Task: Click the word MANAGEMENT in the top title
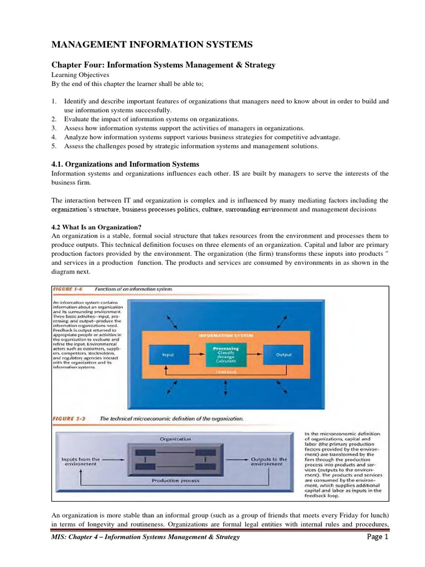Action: pyautogui.click(x=91, y=44)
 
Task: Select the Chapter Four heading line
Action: pyautogui.click(x=163, y=65)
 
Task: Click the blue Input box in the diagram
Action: pyautogui.click(x=168, y=355)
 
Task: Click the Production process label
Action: pyautogui.click(x=175, y=481)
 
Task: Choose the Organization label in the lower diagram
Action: pyautogui.click(x=175, y=439)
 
